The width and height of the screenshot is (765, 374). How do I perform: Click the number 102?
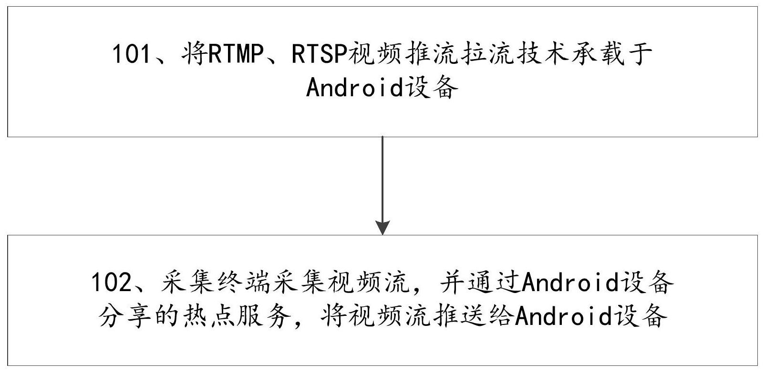(111, 283)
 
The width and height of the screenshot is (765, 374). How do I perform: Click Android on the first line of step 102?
(571, 283)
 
